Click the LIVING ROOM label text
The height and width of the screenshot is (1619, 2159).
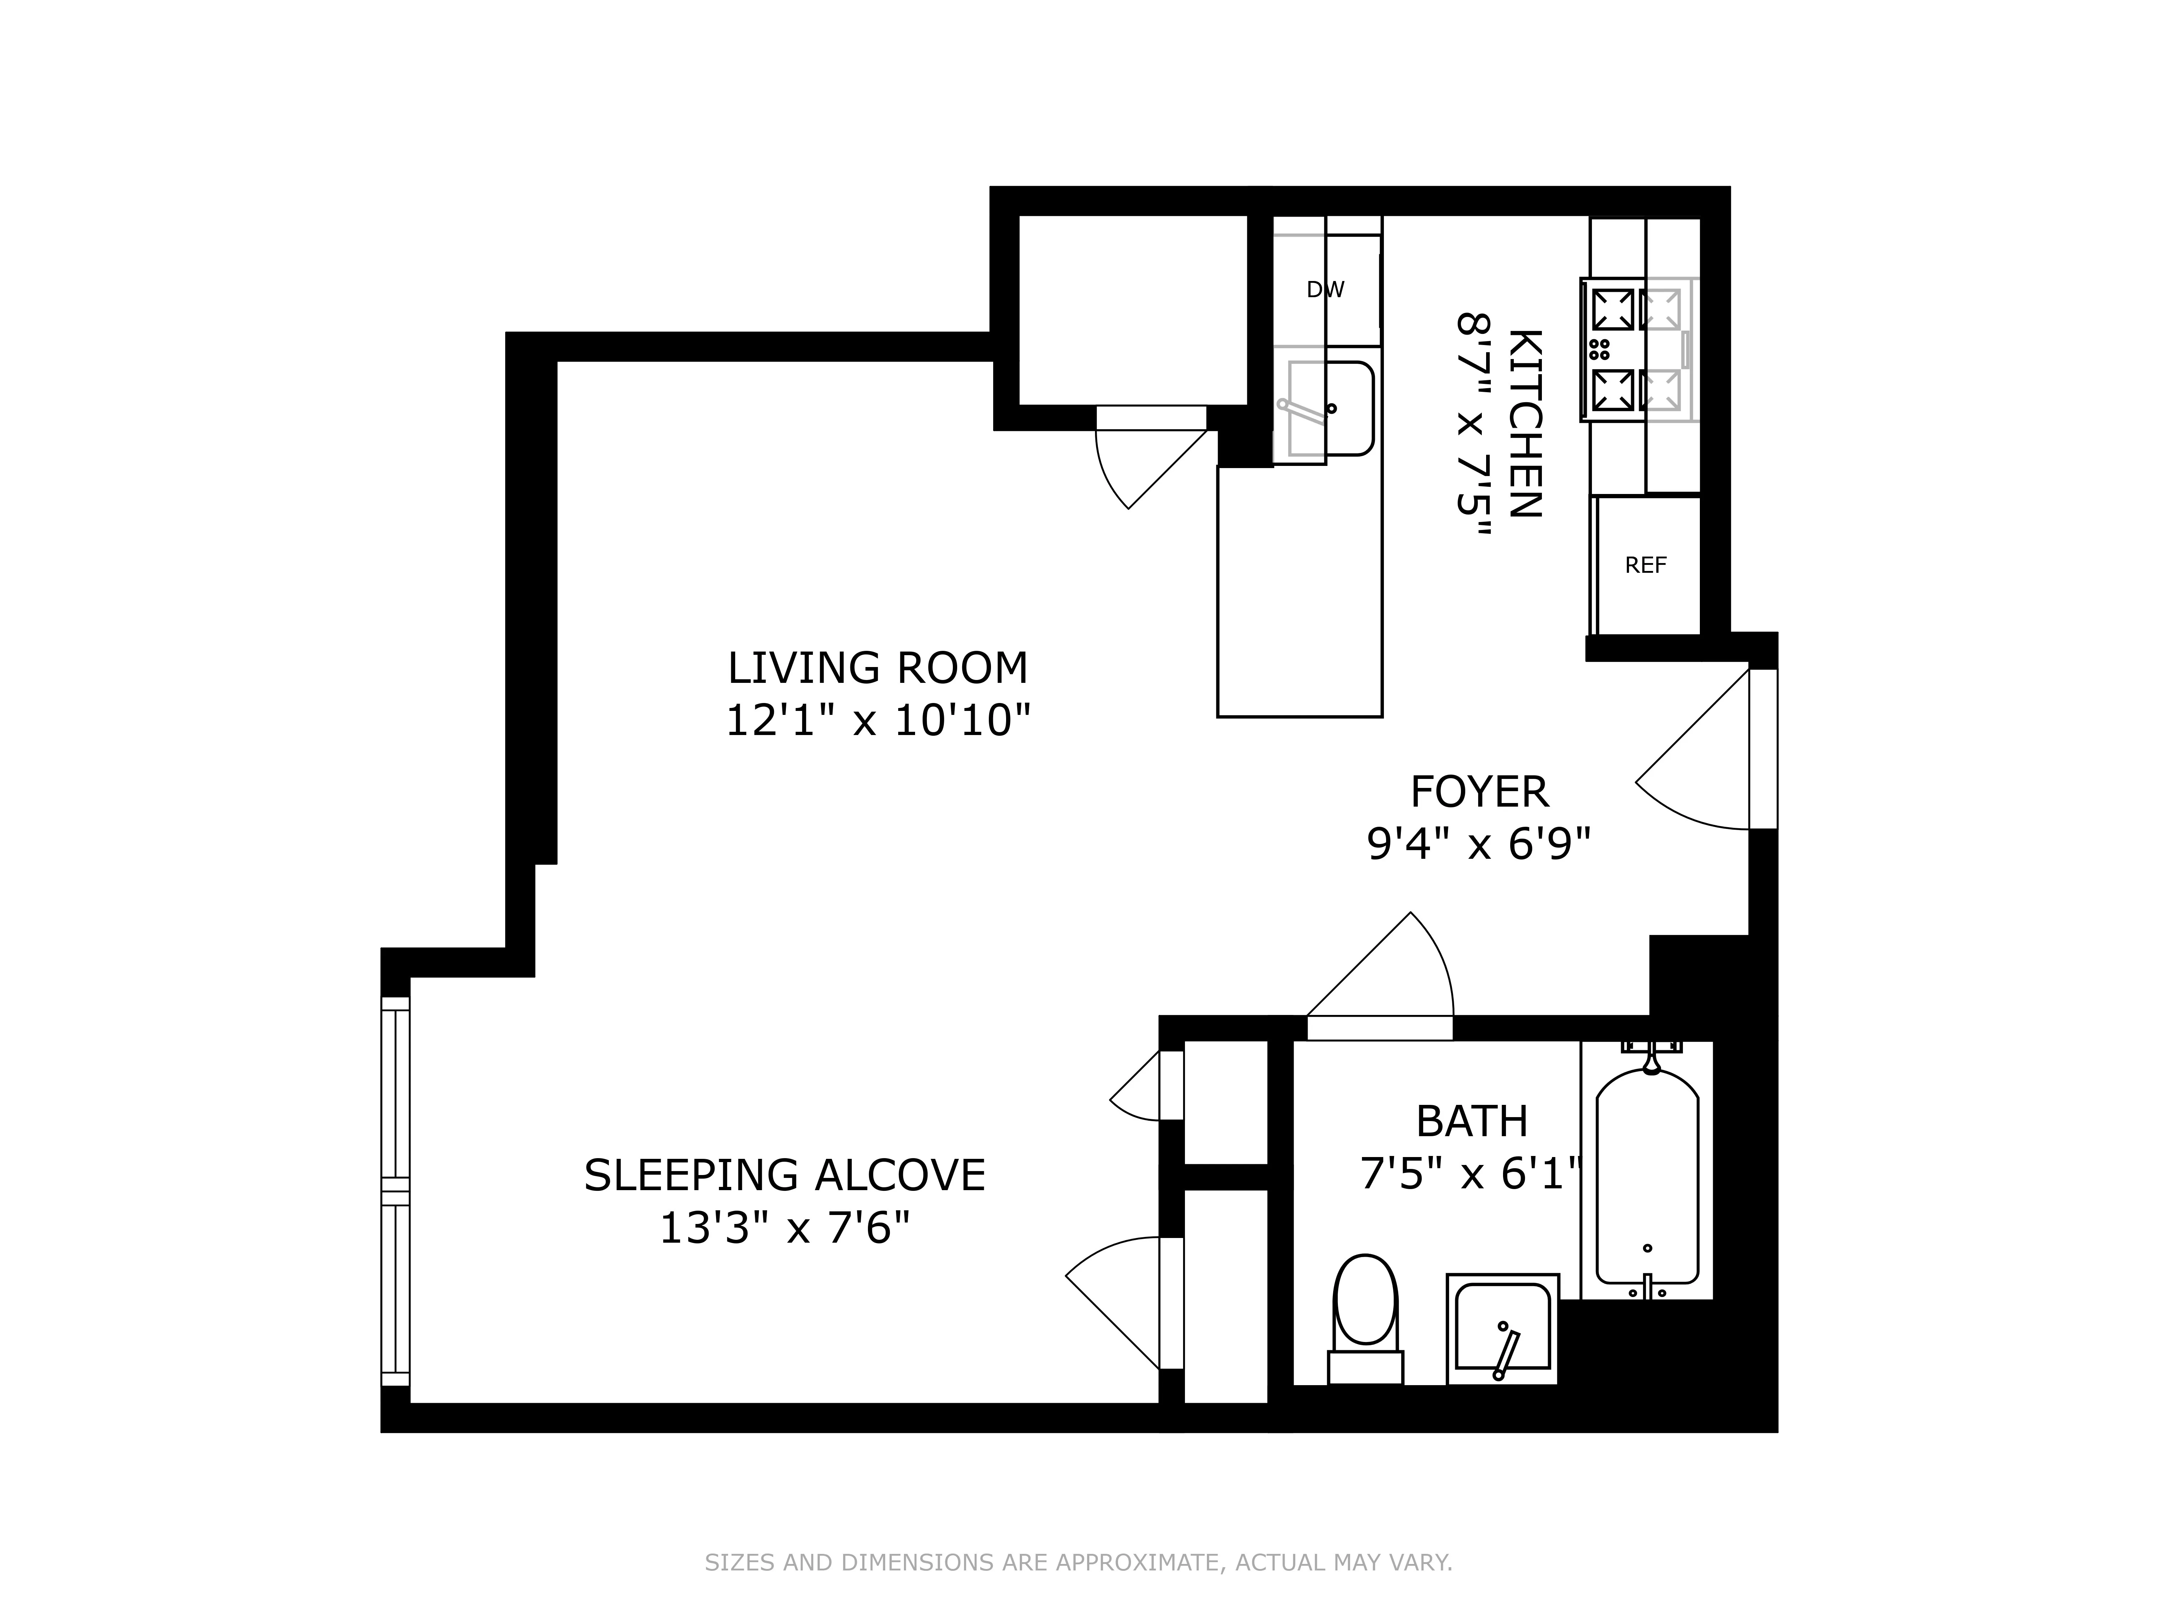pyautogui.click(x=878, y=668)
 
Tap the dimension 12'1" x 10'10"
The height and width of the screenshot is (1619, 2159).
pyautogui.click(x=878, y=722)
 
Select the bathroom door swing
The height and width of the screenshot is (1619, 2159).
pyautogui.click(x=1391, y=976)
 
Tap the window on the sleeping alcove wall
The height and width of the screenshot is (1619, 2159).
pyautogui.click(x=395, y=1191)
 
